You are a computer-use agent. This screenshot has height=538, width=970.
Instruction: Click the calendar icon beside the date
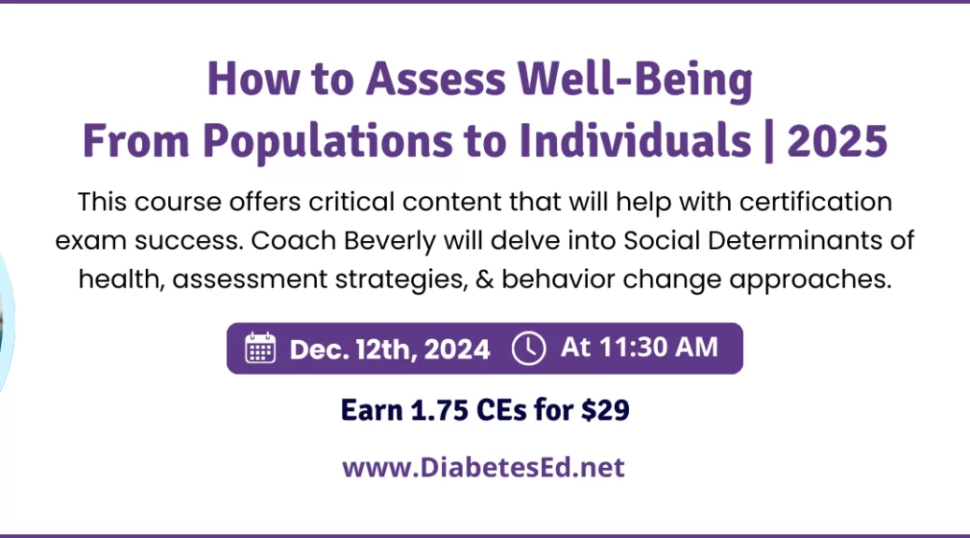click(261, 348)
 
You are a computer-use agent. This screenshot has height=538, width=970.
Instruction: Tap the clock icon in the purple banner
click(529, 348)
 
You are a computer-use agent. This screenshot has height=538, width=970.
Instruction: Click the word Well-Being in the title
click(635, 80)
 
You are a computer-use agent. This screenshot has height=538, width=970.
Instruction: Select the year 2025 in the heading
click(837, 141)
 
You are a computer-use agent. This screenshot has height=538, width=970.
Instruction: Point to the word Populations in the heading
click(328, 142)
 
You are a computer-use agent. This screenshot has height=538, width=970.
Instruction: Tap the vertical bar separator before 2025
click(769, 142)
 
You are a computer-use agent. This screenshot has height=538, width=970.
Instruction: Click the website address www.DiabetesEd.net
click(484, 467)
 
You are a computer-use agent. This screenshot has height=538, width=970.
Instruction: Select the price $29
click(605, 410)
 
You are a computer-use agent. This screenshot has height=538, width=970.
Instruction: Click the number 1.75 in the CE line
click(439, 410)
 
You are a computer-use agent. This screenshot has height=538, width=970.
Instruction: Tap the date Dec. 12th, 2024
click(390, 349)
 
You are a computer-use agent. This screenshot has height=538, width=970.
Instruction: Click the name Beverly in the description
click(390, 241)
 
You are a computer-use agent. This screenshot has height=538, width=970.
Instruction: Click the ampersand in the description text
click(484, 279)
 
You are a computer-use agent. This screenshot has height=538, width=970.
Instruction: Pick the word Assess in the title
click(435, 79)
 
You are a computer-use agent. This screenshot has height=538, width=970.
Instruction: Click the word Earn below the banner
click(372, 410)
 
